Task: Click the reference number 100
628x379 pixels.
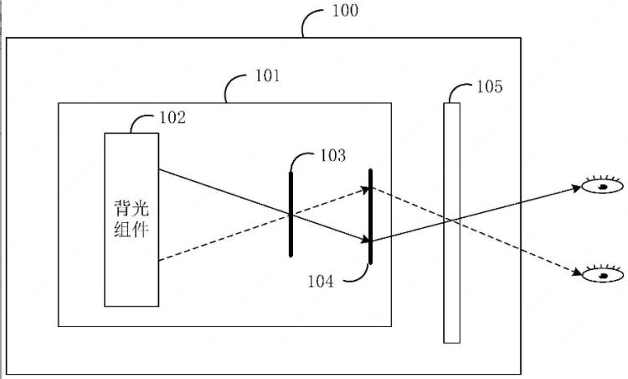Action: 345,10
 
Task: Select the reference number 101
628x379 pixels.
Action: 268,75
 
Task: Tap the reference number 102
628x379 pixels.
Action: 172,117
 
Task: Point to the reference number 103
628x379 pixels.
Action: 332,155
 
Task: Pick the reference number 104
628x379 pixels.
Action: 321,281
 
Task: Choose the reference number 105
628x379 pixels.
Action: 489,86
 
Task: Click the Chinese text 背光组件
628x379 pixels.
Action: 131,219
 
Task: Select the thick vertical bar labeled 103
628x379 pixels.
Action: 291,214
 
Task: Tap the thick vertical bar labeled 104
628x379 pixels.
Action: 370,216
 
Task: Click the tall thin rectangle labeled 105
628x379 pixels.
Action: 451,223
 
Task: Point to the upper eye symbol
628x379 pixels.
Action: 602,184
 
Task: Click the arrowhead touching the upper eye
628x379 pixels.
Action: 576,187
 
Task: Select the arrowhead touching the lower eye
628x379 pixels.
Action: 577,273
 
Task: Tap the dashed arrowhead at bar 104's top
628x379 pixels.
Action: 364,189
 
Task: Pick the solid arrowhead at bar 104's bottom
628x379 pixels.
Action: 364,240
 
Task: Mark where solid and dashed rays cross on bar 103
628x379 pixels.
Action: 291,215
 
